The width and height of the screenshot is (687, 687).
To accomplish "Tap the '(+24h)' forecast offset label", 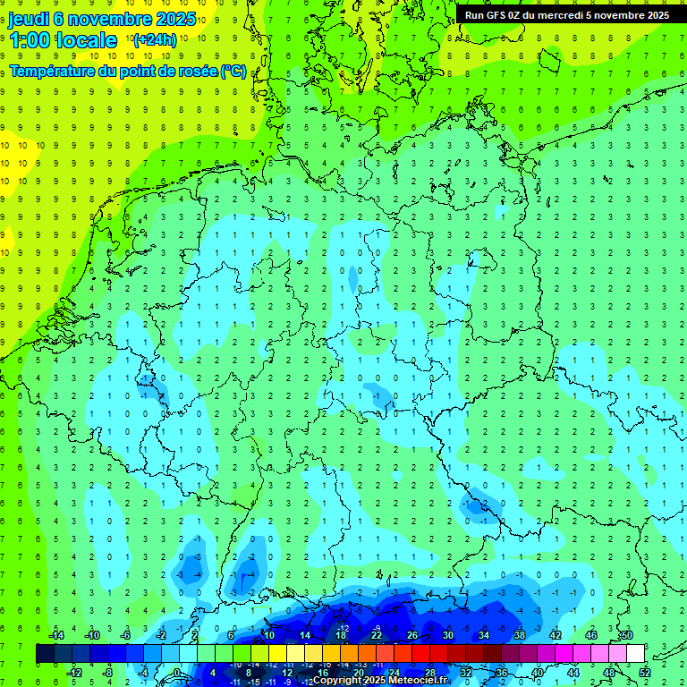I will (155, 39).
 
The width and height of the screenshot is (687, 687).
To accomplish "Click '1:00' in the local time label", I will (29, 40).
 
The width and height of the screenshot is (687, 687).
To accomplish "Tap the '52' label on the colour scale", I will (644, 672).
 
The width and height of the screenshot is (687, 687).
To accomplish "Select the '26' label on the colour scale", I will (411, 635).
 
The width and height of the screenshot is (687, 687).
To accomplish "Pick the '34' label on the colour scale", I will (483, 635).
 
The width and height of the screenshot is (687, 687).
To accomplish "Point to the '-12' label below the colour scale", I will (74, 672).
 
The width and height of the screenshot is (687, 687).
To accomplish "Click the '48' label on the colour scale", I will (608, 672).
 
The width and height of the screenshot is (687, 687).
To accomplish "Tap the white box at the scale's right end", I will (635, 653).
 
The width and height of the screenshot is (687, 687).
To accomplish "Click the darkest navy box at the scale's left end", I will (45, 653).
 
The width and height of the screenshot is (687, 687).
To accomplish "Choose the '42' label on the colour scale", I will (555, 635).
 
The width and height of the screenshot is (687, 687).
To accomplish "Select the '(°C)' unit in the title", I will (233, 71).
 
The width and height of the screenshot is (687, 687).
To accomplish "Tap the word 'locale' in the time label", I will (86, 40).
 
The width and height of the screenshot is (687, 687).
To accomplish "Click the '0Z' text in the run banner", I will (521, 14).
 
